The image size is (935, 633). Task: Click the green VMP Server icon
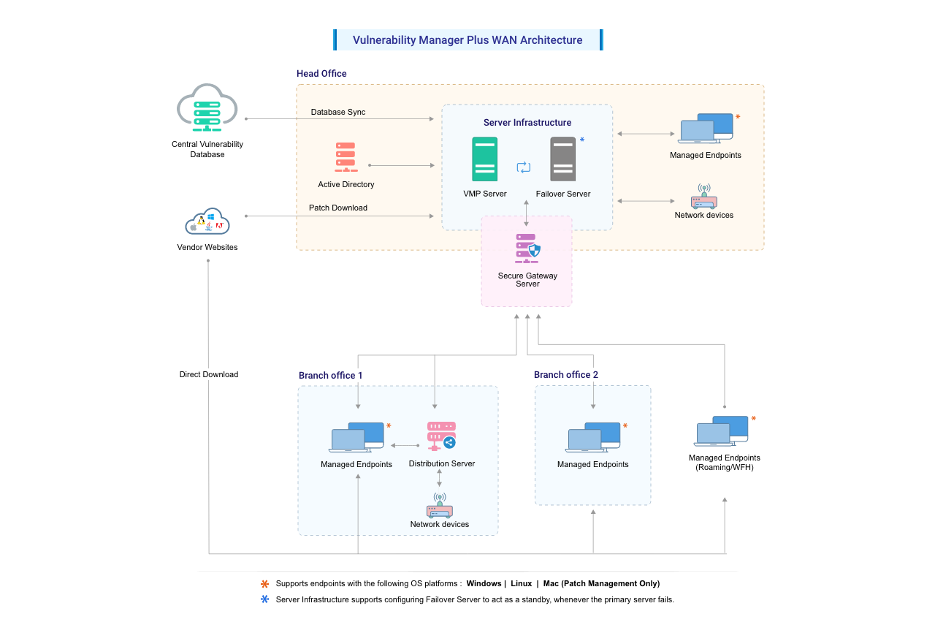coord(484,159)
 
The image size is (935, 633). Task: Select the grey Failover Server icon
coord(562,159)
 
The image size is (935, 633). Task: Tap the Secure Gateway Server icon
coord(527,249)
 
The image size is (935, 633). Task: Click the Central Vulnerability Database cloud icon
coord(207,107)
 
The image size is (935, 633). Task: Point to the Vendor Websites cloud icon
coord(207,222)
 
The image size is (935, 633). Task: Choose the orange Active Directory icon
coord(346,158)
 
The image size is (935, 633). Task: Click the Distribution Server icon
coord(440,436)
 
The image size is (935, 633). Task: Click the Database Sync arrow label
coord(338,112)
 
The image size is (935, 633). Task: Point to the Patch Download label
coord(337,208)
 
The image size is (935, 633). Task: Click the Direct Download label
coord(209,374)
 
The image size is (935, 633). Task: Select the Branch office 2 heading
coord(566,374)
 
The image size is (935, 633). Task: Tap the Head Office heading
coord(321,74)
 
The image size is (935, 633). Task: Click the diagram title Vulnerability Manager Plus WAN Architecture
coord(467,40)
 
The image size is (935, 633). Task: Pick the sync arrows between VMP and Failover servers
coord(523,167)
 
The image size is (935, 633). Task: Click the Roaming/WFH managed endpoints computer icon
coord(721,431)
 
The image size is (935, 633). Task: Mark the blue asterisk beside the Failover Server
coord(582,140)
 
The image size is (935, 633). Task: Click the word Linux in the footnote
coord(522,583)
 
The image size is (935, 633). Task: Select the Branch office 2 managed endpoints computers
coord(592,437)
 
